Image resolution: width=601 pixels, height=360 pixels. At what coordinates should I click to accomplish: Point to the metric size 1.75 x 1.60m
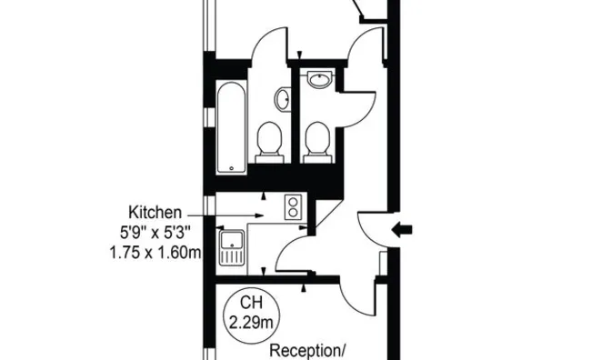click(153, 251)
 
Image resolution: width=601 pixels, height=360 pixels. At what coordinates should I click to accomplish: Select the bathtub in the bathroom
click(231, 126)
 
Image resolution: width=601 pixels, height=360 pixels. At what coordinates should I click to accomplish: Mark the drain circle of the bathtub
click(231, 167)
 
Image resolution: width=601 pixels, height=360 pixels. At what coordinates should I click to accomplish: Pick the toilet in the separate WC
click(317, 142)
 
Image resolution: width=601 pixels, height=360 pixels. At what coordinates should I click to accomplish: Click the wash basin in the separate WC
click(320, 82)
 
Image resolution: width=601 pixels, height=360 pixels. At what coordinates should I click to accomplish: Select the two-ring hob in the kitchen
click(295, 208)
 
